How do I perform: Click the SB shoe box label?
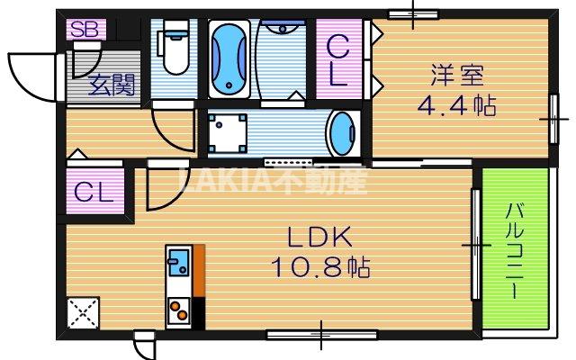click(85, 30)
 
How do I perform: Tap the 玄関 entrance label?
click(112, 85)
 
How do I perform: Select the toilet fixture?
click(174, 48)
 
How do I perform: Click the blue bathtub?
click(229, 58)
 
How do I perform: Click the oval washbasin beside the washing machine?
click(343, 134)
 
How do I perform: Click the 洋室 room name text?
click(457, 76)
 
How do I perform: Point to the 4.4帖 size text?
click(456, 105)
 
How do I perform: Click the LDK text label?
click(319, 237)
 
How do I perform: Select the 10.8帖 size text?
click(320, 267)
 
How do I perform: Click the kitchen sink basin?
click(179, 262)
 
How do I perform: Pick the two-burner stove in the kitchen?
click(178, 311)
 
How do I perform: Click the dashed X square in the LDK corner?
click(83, 313)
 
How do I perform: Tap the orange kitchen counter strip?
click(199, 270)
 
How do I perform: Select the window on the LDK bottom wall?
click(322, 335)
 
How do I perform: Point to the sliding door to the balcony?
click(476, 244)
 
